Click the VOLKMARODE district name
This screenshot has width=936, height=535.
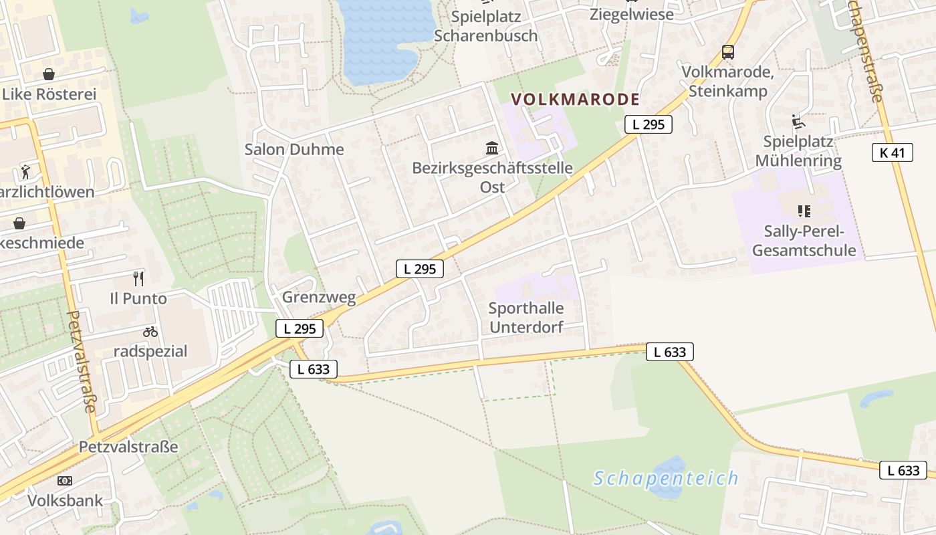[x=575, y=100]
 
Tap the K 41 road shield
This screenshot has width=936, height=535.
[x=892, y=152]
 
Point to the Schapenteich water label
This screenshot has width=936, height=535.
[x=666, y=478]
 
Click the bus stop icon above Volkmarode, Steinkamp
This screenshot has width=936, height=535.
[x=727, y=52]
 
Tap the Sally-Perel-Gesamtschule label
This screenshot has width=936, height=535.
[x=804, y=241]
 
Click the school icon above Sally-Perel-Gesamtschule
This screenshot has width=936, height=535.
[x=804, y=212]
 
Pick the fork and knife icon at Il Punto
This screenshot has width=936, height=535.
[x=138, y=278]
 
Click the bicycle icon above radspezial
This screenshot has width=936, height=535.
[x=150, y=332]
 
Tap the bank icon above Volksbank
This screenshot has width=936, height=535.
[x=65, y=481]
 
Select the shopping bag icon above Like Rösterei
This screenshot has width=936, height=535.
[x=48, y=74]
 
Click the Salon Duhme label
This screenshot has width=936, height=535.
[x=294, y=149]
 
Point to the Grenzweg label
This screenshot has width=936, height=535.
[x=319, y=297]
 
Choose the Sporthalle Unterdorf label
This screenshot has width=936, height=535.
[x=526, y=318]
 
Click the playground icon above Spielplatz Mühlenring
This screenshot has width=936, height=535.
[x=797, y=122]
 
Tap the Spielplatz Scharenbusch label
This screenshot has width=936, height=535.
[x=485, y=26]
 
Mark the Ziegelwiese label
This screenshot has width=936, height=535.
[x=631, y=14]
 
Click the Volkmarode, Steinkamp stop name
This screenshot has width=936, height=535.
[x=727, y=82]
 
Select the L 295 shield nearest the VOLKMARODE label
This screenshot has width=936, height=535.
[x=648, y=124]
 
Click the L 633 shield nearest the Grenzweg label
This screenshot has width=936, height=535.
[x=314, y=368]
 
